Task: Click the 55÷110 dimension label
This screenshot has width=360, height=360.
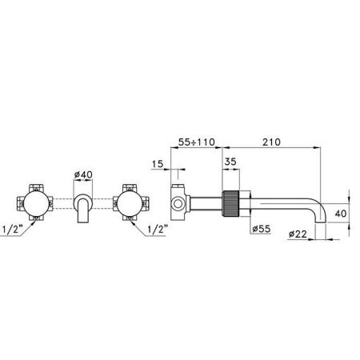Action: [197, 142]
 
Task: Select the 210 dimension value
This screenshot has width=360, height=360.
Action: [271, 142]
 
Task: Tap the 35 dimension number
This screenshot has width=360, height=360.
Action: [230, 162]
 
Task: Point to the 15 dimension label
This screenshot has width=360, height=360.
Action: [158, 164]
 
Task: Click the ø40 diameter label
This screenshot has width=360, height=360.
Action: [83, 174]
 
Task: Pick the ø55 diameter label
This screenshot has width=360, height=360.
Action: [261, 229]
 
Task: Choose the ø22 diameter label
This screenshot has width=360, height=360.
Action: [298, 234]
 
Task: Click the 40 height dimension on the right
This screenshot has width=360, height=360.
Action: [341, 214]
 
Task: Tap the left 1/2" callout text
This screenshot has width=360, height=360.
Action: [12, 230]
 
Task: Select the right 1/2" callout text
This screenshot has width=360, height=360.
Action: [158, 230]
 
